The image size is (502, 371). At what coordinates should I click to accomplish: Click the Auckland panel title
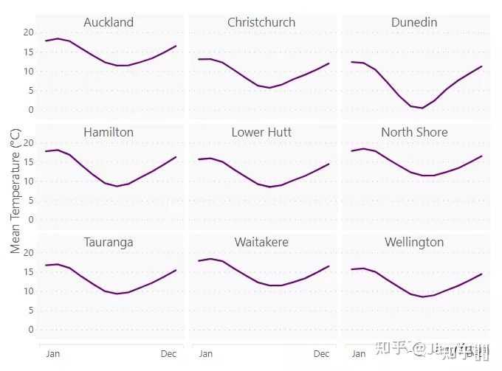click(x=109, y=22)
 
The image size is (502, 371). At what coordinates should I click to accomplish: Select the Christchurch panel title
click(x=261, y=22)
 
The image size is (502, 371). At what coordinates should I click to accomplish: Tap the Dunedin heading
click(x=414, y=22)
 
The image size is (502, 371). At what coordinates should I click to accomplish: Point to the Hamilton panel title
click(x=109, y=132)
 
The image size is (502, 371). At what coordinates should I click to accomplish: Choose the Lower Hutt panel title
click(x=261, y=132)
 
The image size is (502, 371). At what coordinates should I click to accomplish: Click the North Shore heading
click(x=414, y=132)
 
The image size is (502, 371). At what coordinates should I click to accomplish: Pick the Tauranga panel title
click(x=109, y=242)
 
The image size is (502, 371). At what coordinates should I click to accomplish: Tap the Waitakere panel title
click(x=261, y=242)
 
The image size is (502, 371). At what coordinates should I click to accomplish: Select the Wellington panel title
click(x=414, y=242)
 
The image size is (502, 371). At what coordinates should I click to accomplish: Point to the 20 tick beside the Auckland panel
click(x=29, y=32)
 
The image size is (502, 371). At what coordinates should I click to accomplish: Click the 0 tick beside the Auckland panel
click(x=31, y=109)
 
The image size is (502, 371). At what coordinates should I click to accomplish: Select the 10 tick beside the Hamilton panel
click(x=29, y=181)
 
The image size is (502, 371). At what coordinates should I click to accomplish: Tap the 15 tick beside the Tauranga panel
click(x=29, y=271)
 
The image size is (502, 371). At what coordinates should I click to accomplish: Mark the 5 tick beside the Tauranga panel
click(x=31, y=310)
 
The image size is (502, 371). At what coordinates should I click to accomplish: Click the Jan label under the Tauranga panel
click(x=53, y=354)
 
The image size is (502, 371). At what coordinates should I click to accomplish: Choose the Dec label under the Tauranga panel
click(x=169, y=354)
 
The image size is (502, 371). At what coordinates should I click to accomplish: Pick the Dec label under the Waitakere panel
click(x=322, y=354)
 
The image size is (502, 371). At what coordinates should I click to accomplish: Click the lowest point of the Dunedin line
click(x=422, y=108)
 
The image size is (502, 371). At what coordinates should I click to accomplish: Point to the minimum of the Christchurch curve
click(x=269, y=88)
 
